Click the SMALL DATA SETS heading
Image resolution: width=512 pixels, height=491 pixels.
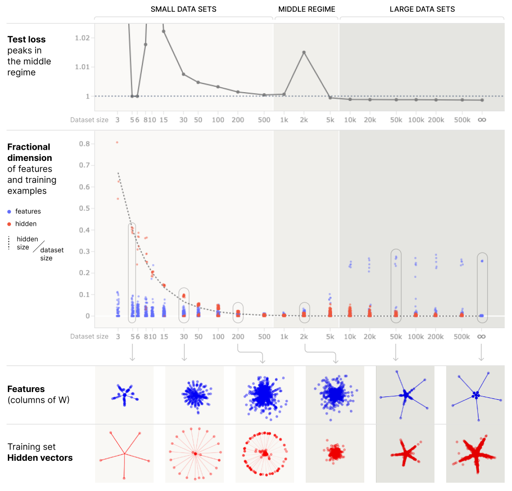pos(183,9)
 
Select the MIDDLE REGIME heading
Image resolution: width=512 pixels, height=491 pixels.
pos(307,9)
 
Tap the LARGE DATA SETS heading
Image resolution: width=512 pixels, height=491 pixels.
pos(422,9)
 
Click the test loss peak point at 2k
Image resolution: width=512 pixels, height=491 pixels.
pos(304,52)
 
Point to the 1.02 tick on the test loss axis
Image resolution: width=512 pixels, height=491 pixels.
pos(82,38)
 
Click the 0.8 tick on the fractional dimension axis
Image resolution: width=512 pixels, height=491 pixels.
pos(84,144)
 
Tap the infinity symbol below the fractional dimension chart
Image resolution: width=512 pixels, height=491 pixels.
pos(481,336)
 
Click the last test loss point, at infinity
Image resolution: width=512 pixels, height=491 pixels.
pos(482,100)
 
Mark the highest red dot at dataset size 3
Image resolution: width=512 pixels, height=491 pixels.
pos(117,142)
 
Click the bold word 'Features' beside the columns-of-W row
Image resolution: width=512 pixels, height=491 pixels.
pos(26,389)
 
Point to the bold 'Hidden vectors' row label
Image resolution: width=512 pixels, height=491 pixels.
pos(40,458)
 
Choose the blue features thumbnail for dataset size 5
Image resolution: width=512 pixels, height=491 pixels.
pos(124,394)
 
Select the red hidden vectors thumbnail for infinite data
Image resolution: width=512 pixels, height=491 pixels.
pos(475,453)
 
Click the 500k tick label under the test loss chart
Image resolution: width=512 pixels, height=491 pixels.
pos(462,119)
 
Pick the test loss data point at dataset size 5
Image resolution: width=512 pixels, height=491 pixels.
pos(132,96)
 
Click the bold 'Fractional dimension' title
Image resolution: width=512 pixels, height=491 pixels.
pos(29,152)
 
